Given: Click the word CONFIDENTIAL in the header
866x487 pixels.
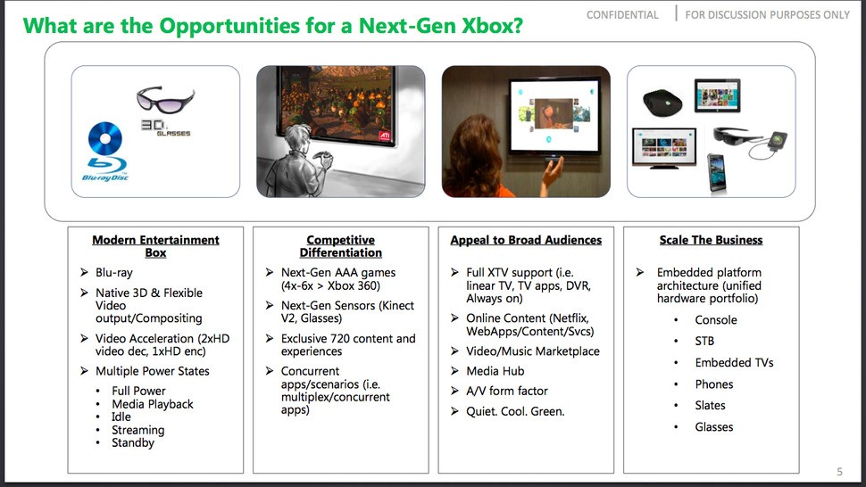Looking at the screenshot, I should [x=622, y=15].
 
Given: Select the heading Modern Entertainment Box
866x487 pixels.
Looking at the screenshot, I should [x=155, y=246].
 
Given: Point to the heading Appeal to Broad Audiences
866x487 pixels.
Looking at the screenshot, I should [x=526, y=240].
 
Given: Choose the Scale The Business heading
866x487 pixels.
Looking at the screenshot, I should [x=711, y=240].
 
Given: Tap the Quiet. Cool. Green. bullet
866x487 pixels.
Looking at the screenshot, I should [x=515, y=411].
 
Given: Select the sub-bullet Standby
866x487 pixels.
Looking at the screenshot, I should [x=133, y=442].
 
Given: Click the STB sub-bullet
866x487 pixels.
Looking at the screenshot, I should [x=704, y=341].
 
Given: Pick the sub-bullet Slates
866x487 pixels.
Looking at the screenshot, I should [x=711, y=405].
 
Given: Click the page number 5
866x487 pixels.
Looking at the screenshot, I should [x=838, y=472].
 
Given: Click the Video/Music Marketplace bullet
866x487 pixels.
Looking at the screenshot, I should [x=533, y=351].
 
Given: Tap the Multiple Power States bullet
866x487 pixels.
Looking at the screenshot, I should [x=153, y=371].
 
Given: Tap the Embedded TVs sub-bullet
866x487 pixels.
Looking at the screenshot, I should [x=734, y=362].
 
